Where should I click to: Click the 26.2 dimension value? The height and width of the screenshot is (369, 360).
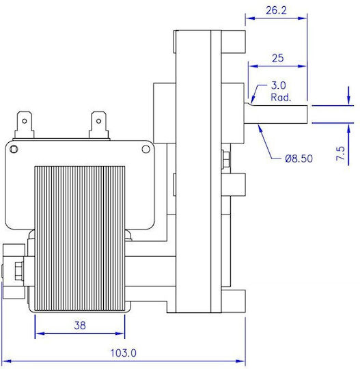coord(276,10)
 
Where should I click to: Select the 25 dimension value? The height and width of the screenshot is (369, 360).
coord(277,58)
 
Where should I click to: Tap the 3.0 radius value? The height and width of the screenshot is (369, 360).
coord(278,85)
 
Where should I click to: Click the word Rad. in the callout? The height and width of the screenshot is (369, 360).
coord(281,97)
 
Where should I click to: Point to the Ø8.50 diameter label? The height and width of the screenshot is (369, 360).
coord(299,159)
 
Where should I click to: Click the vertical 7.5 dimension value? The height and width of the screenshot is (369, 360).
coord(341,154)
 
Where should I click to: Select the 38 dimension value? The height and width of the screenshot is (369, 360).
coord(80,325)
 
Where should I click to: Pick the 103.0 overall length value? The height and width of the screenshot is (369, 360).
coord(123,353)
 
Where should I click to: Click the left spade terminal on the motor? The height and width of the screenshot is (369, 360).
coord(24,125)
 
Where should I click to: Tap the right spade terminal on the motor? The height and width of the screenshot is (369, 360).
coord(99,125)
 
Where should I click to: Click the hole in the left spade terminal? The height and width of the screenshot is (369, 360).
coord(24,122)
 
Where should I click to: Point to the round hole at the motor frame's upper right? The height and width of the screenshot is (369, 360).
coord(146,149)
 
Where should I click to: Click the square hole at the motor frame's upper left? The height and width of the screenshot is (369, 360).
coord(14,149)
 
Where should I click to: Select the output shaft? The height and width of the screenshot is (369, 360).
coord(276,114)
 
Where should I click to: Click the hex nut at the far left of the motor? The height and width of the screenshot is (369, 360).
coord(18,271)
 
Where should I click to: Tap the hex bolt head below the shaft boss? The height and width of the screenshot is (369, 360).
coord(225,158)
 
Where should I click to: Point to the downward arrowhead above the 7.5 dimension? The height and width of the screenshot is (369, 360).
coord(348,99)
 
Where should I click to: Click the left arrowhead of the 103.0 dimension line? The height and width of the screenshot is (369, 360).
coord(7,361)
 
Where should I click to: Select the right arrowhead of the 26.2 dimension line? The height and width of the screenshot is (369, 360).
coord(303,18)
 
